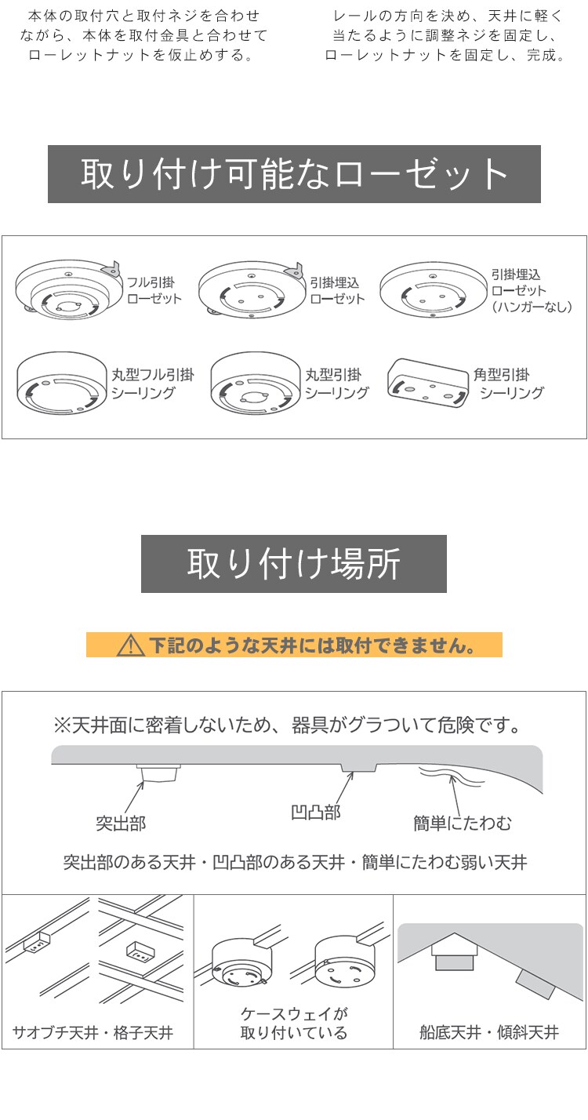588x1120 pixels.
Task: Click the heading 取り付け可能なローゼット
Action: click(294, 174)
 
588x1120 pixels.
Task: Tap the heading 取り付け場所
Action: click(294, 564)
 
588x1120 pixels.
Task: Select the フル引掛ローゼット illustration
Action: click(69, 289)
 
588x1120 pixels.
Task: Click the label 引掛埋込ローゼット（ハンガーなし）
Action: click(531, 291)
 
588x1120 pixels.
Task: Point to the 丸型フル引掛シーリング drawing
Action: click(61, 383)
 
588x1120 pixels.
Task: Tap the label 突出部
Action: click(120, 824)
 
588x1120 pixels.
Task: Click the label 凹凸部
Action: click(315, 813)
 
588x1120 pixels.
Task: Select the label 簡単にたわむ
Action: click(463, 824)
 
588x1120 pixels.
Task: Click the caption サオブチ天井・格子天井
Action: click(93, 1032)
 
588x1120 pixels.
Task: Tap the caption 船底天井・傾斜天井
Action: click(489, 1032)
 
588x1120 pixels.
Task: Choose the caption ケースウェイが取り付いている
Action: click(293, 1024)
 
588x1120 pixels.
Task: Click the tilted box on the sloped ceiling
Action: click(536, 984)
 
